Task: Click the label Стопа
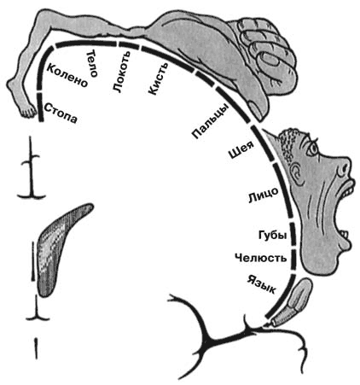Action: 61,113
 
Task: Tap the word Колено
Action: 67,75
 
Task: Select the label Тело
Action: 93,63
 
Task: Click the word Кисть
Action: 158,79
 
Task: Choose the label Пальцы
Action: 211,121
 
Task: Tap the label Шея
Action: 241,150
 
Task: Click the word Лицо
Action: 264,195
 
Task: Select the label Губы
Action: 272,235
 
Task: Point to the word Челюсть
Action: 261,258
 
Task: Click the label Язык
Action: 261,284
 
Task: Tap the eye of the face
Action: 313,148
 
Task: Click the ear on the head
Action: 296,173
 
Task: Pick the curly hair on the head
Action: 288,145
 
